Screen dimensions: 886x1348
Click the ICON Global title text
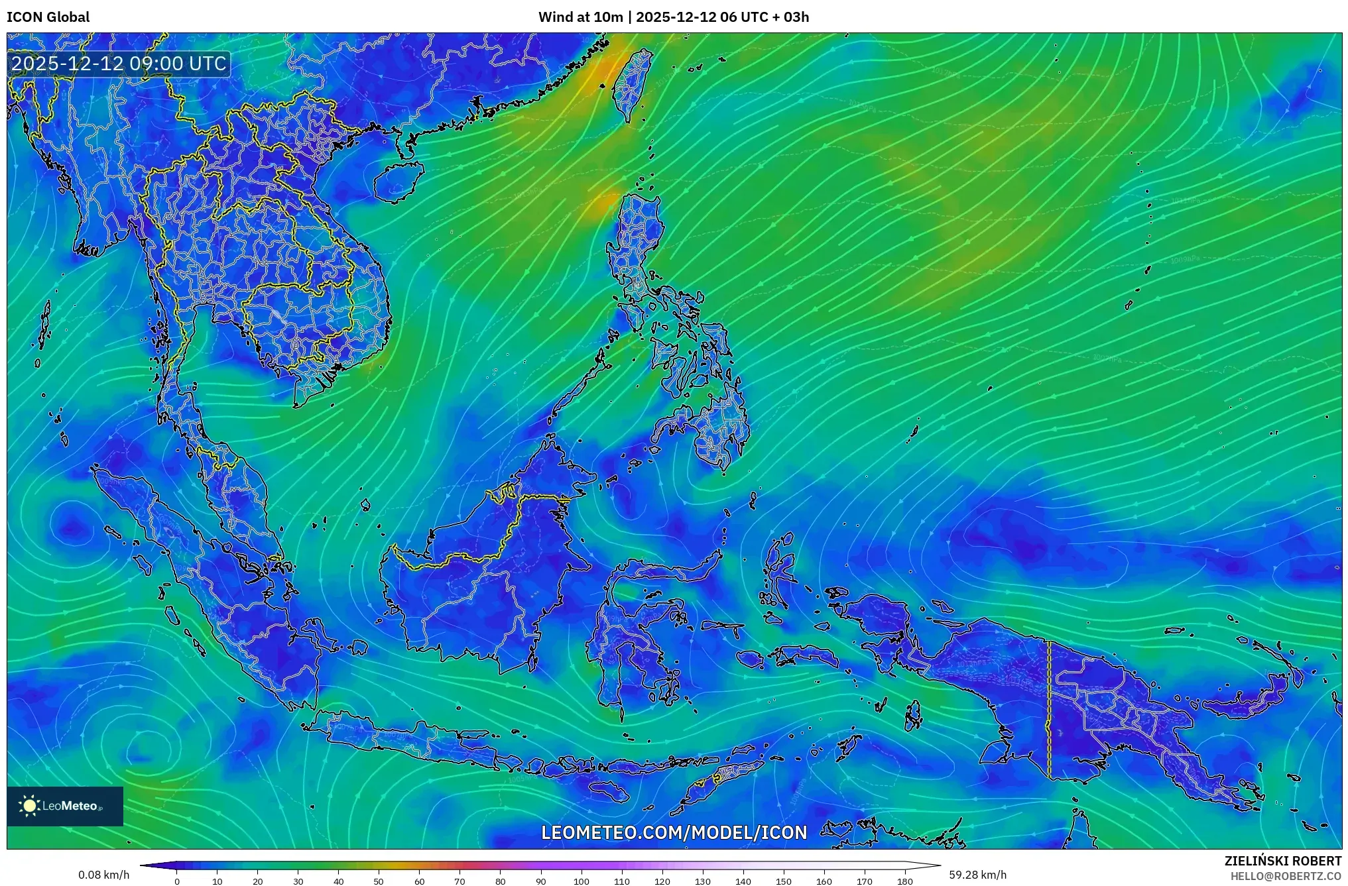[x=48, y=17]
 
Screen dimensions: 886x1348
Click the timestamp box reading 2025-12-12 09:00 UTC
[x=119, y=64]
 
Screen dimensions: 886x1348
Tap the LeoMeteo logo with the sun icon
[x=64, y=806]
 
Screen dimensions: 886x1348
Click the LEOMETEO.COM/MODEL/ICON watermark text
[x=674, y=832]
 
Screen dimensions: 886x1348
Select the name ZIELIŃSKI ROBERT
[x=1282, y=861]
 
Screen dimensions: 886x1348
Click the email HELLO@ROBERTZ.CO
[x=1286, y=876]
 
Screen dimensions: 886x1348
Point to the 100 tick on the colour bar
[x=582, y=881]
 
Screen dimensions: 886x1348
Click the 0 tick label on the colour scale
[x=176, y=881]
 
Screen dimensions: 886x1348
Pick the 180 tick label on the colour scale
[x=905, y=881]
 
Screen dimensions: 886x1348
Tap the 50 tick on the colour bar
[x=379, y=881]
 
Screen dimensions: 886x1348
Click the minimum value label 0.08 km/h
[x=103, y=875]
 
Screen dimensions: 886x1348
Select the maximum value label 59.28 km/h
[x=977, y=875]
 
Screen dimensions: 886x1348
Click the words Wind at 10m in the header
[x=580, y=17]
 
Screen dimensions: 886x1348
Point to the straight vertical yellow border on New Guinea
[x=1049, y=709]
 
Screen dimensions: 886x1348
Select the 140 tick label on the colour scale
[x=743, y=881]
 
